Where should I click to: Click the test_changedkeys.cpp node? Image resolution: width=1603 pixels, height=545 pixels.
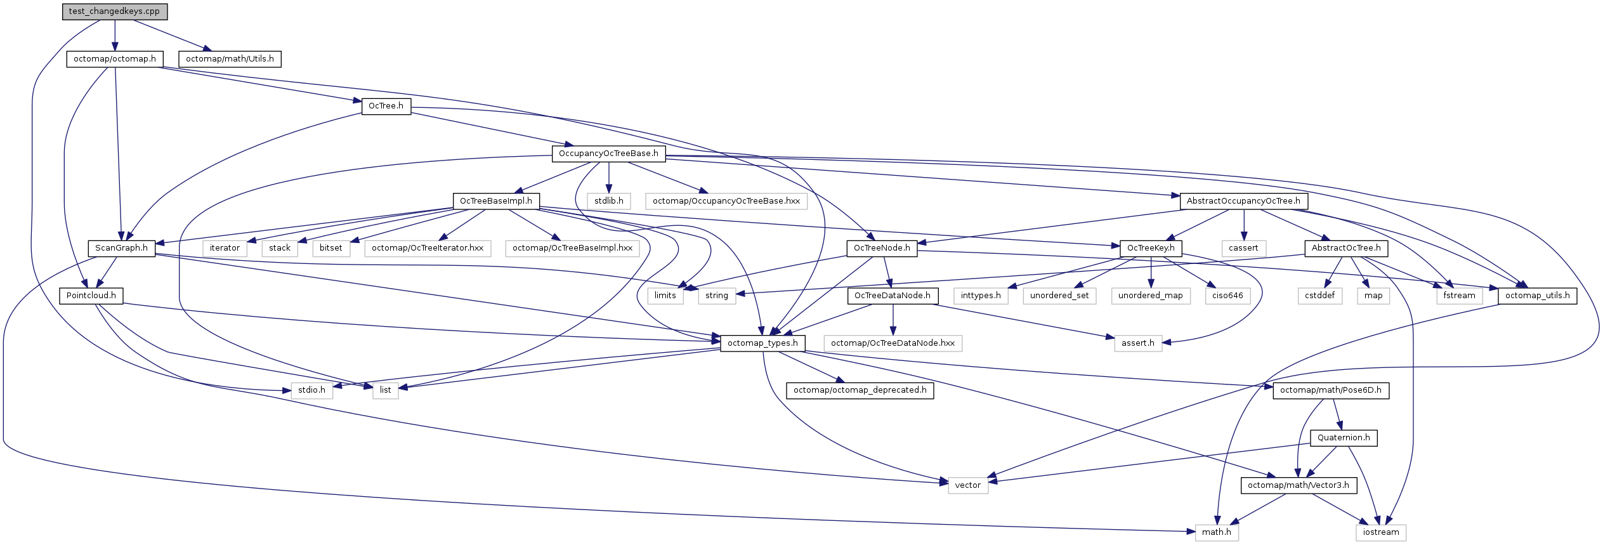[114, 11]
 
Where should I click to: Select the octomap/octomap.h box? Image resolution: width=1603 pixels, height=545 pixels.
[115, 59]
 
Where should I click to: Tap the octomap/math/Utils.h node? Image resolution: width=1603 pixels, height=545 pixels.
[230, 59]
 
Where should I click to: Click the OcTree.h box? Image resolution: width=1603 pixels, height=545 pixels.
[386, 106]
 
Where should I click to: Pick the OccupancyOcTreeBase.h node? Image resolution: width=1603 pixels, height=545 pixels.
[608, 154]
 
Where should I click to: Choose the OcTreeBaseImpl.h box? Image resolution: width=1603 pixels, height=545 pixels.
[496, 201]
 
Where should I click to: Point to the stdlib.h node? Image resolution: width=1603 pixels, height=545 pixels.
[609, 201]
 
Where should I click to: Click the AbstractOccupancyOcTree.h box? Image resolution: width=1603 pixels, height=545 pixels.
[1243, 201]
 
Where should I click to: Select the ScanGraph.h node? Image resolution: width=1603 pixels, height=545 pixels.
[121, 248]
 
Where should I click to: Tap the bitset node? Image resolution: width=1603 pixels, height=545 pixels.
[330, 248]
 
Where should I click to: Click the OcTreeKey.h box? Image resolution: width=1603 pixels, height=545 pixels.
[1151, 248]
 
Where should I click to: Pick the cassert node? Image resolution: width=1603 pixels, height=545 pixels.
[1243, 248]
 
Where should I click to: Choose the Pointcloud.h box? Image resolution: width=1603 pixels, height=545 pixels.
[91, 296]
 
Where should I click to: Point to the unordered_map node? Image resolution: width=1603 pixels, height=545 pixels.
[1150, 296]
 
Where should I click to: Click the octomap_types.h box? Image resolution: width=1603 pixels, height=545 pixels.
[762, 343]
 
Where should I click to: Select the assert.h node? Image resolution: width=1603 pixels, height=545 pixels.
[1138, 343]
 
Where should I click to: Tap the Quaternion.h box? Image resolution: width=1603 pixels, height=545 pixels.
[1344, 438]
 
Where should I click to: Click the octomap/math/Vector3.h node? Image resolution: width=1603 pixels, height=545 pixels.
[1299, 485]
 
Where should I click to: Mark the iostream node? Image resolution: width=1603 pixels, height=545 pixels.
[1381, 532]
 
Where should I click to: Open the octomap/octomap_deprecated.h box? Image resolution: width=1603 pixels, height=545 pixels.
[860, 390]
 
